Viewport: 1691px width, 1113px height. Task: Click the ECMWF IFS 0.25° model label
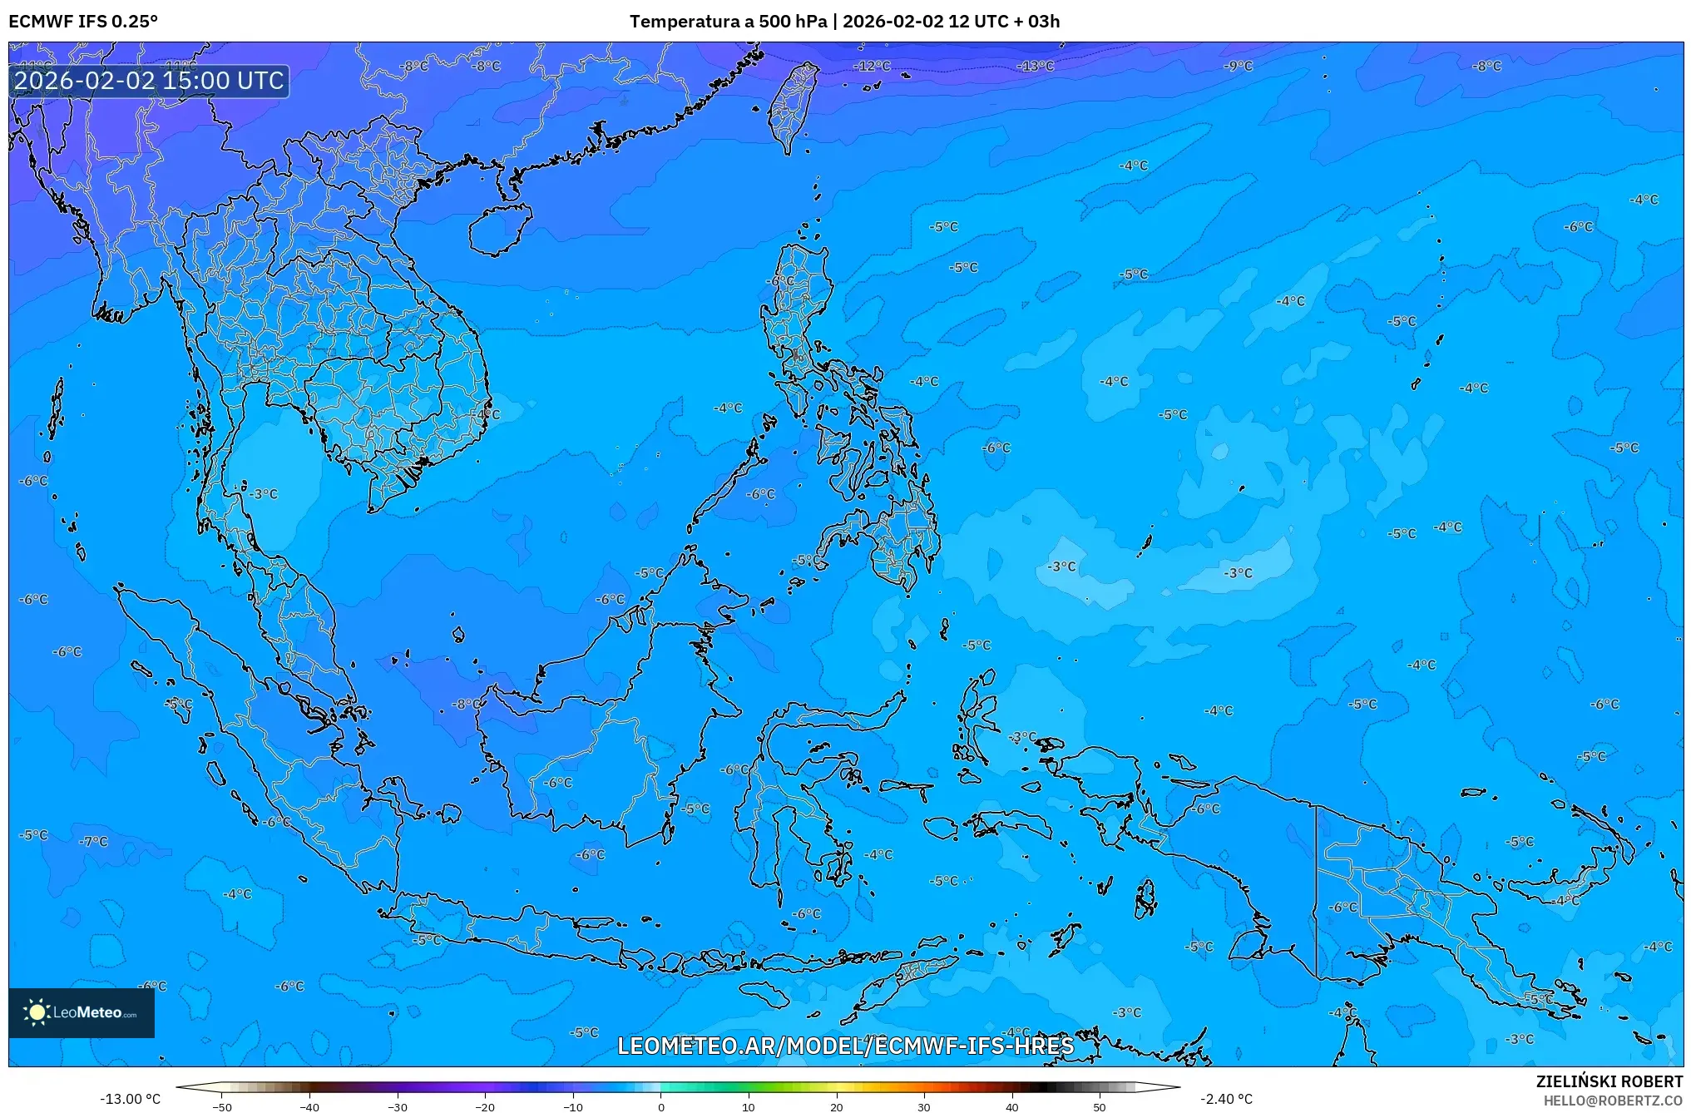83,22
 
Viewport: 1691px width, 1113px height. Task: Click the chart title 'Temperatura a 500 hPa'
729,22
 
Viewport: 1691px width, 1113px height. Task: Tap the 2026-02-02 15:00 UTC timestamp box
149,81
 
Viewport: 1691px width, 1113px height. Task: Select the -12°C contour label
873,66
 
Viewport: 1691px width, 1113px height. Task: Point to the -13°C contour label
1036,66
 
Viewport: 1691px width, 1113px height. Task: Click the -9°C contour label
1239,66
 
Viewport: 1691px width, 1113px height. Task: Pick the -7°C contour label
94,841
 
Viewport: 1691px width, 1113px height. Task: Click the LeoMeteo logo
82,1012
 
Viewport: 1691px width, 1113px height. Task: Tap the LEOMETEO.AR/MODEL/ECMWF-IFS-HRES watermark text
845,1046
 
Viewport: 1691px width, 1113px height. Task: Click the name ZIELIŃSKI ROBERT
1609,1081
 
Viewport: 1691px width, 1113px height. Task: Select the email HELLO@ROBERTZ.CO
1613,1101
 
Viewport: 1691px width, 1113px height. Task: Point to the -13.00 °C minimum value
130,1099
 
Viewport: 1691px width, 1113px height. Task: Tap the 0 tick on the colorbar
661,1107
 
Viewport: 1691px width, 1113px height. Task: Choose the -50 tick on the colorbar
222,1107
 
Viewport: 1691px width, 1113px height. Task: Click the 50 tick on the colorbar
1100,1107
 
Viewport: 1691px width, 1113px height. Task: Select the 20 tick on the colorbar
836,1107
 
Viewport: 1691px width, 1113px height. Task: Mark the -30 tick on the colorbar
398,1107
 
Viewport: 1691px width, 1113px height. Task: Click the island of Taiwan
791,104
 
